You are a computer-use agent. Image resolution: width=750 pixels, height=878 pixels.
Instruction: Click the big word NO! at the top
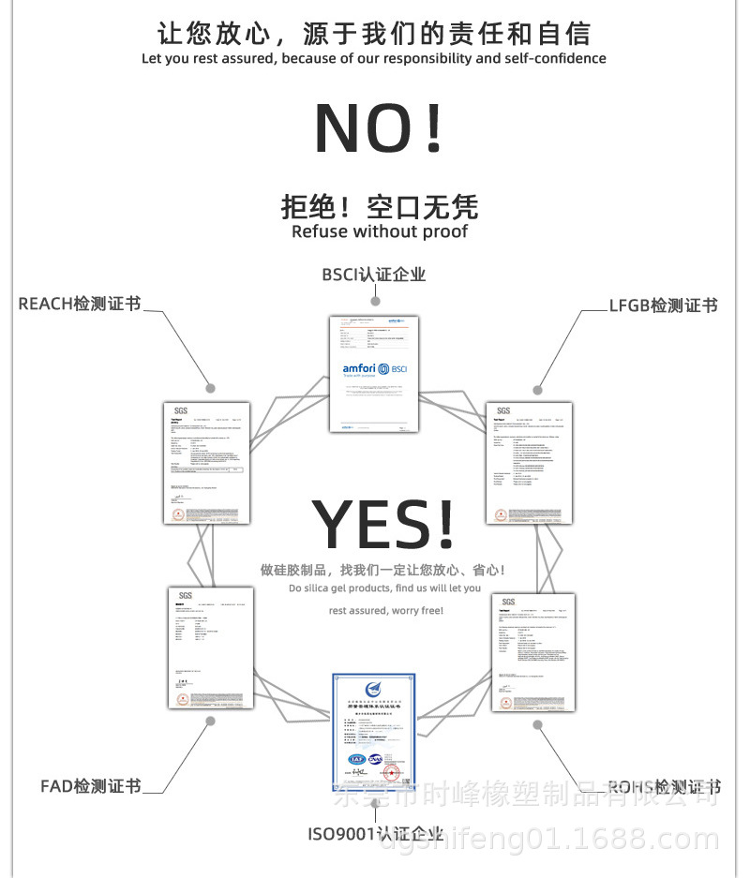378,128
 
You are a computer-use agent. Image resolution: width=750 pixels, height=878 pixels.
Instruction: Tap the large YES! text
382,526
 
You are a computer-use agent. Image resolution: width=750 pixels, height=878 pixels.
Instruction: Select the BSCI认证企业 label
374,275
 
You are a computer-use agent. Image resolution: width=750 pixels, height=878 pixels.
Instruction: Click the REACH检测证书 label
80,304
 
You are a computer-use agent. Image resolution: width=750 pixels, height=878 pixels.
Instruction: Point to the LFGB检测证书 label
663,305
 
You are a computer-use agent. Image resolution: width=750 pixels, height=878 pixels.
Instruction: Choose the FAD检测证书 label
91,785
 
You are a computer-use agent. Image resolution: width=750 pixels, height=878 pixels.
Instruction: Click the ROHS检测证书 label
664,786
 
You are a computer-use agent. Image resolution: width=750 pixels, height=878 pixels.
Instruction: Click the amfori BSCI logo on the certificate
374,370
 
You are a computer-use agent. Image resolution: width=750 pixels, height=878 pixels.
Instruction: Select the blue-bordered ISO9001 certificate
374,732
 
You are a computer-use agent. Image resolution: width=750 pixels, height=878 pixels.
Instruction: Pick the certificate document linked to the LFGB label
530,463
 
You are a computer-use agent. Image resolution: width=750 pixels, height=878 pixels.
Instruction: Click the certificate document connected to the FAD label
212,647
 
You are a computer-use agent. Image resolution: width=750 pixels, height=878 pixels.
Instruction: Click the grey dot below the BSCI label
375,301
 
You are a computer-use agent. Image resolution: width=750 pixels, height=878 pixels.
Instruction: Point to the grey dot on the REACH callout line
211,388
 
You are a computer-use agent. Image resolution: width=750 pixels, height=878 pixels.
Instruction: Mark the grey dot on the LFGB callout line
538,389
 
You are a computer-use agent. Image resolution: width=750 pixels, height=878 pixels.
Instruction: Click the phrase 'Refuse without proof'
380,231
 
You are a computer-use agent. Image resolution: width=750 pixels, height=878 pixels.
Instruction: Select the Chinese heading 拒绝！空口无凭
380,205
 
